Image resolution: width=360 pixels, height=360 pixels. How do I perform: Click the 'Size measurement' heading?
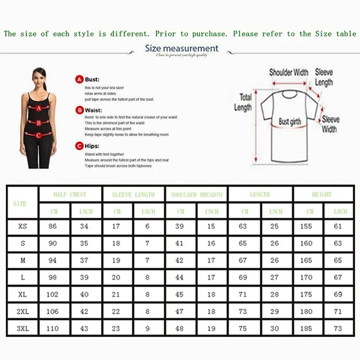pyautogui.click(x=181, y=48)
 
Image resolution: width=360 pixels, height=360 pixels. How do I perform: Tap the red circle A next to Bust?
pyautogui.click(x=79, y=79)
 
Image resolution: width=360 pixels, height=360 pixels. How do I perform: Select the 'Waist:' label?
pyautogui.click(x=94, y=110)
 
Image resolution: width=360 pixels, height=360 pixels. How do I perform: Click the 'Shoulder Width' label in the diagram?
pyautogui.click(x=288, y=72)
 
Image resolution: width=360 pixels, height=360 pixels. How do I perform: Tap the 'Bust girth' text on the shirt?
pyautogui.click(x=290, y=121)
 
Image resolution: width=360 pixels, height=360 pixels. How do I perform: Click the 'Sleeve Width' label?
pyautogui.click(x=330, y=124)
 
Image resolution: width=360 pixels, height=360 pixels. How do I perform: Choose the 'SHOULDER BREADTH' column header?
pyautogui.click(x=196, y=195)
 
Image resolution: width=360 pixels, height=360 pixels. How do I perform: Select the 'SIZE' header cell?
pyautogui.click(x=20, y=203)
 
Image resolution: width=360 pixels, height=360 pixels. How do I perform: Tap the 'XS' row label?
pyautogui.click(x=22, y=226)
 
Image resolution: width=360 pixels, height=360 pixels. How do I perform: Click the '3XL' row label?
pyautogui.click(x=22, y=328)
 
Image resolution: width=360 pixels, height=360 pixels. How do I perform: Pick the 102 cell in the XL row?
pyautogui.click(x=53, y=294)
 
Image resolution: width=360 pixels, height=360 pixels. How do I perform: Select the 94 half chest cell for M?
pyautogui.click(x=53, y=260)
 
